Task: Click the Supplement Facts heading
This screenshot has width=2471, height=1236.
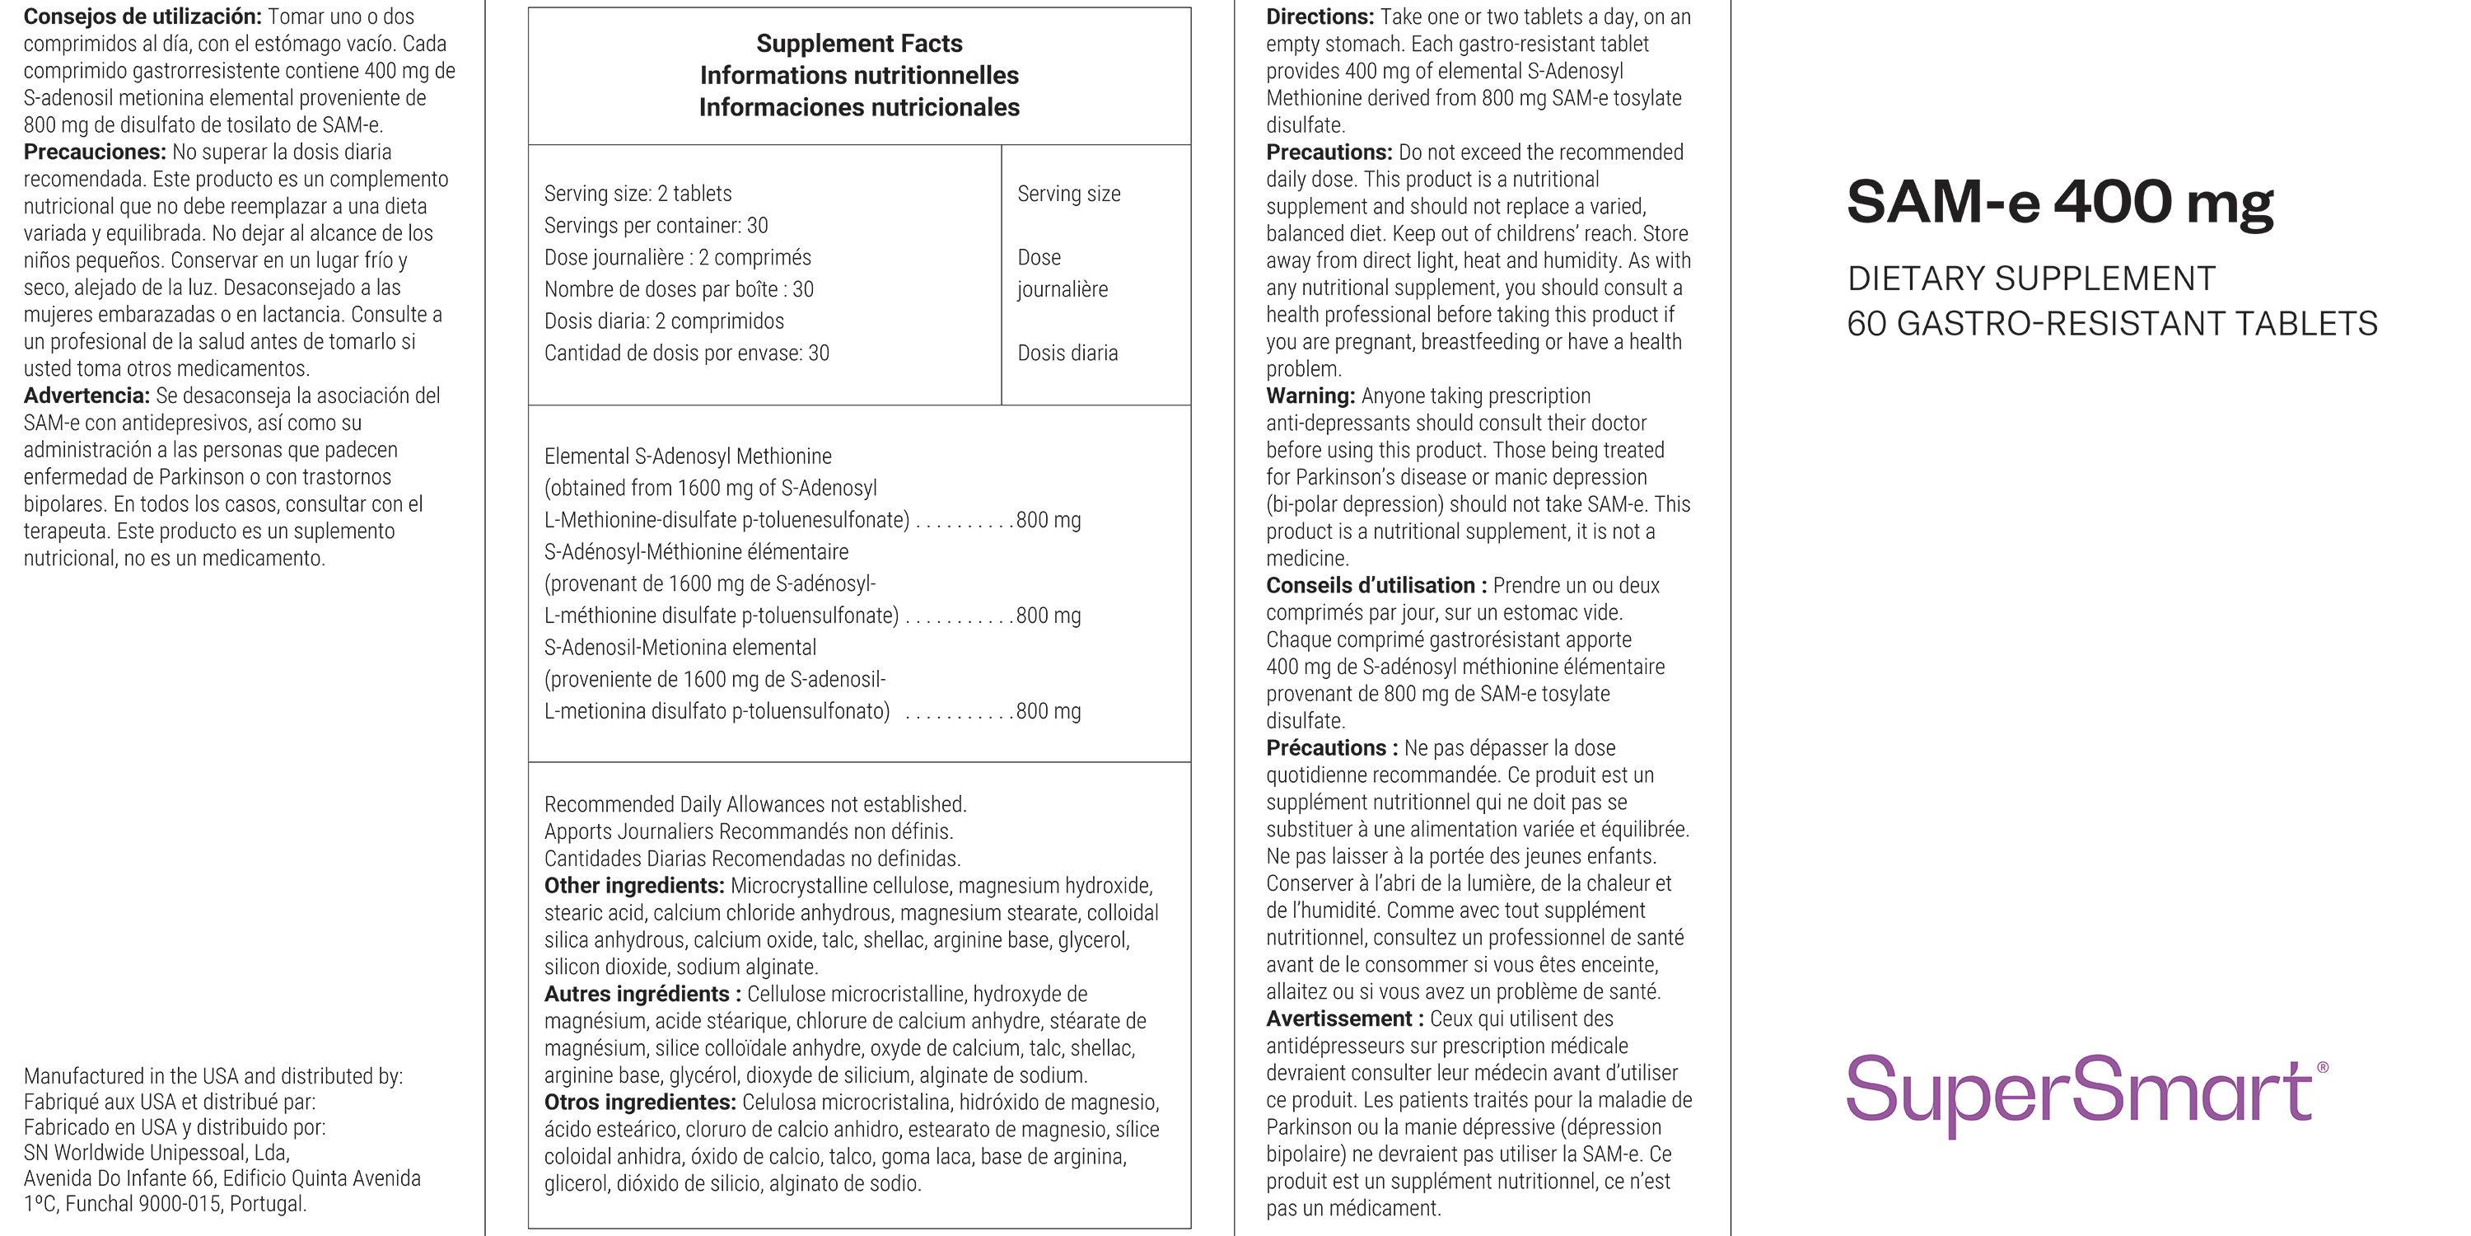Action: (x=858, y=43)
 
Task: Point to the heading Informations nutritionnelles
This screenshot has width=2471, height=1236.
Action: (x=858, y=75)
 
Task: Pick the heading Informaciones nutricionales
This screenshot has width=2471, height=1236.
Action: (x=858, y=107)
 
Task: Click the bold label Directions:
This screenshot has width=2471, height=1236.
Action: (x=1320, y=17)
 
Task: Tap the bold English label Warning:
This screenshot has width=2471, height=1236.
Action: (x=1310, y=396)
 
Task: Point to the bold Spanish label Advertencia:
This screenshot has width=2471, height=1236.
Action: (x=86, y=396)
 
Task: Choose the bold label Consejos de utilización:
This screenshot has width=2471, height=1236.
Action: (x=142, y=17)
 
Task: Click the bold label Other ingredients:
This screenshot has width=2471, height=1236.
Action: (x=634, y=886)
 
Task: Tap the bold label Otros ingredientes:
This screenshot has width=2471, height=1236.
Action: (x=640, y=1103)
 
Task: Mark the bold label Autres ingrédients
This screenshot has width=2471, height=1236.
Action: (x=642, y=995)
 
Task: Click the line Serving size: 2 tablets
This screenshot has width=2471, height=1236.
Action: (x=638, y=194)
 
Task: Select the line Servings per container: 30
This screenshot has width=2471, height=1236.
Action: (x=656, y=226)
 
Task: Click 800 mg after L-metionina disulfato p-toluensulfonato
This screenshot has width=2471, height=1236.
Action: (x=1048, y=711)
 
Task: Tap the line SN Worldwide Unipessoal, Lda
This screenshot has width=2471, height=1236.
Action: (x=156, y=1153)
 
